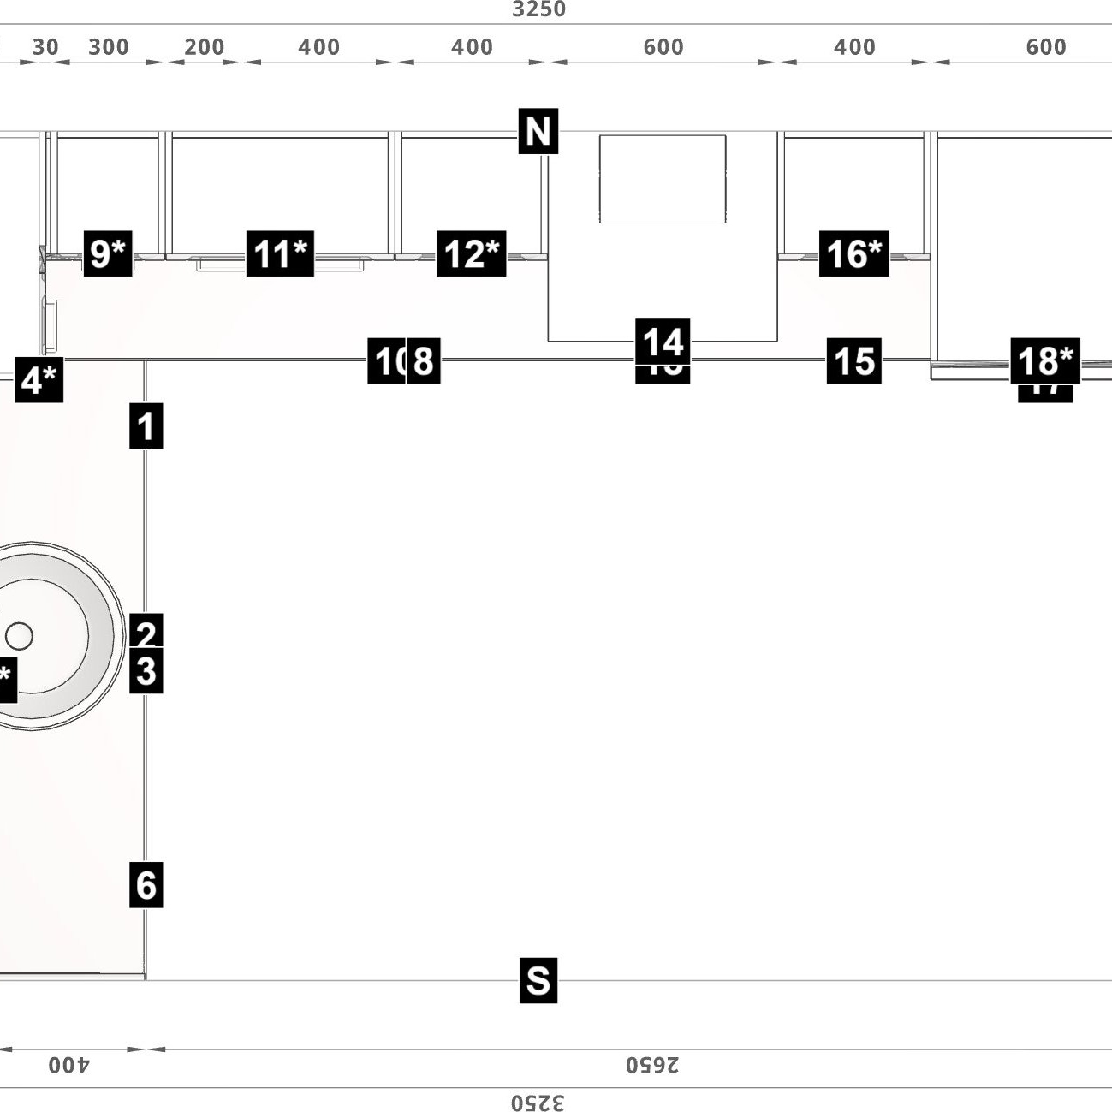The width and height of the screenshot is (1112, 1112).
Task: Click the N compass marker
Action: coord(538,131)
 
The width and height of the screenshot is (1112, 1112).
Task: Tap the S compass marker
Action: coord(538,979)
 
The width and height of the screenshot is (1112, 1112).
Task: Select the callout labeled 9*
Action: coord(108,253)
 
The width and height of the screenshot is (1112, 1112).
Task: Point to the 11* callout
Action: coord(280,253)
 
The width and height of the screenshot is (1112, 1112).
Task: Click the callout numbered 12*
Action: coord(471,253)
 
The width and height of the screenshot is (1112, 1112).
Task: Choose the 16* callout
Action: coord(853,253)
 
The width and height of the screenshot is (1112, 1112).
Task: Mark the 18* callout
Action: coord(1045,360)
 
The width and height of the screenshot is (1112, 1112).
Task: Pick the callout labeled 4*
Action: coord(39,379)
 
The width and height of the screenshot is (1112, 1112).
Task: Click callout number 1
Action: coord(146,426)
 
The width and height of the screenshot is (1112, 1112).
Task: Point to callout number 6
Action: coord(146,884)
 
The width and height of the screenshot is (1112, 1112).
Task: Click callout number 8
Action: coord(423,360)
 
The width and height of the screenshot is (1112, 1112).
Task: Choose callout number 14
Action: coord(663,341)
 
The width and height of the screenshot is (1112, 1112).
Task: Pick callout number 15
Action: coord(853,360)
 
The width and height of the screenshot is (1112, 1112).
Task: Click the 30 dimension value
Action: coord(45,47)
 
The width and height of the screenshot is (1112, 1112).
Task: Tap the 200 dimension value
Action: coord(204,47)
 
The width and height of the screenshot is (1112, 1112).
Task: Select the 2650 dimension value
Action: coord(651,1065)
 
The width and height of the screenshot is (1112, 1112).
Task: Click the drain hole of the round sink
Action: coord(19,636)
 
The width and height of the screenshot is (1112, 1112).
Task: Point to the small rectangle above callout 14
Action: coord(663,178)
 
